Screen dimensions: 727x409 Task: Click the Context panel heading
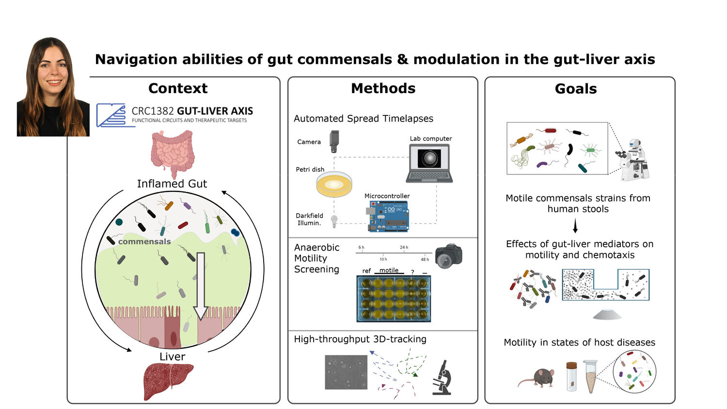click(x=178, y=88)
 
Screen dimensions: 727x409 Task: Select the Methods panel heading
click(x=383, y=88)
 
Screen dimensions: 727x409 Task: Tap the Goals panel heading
click(x=576, y=89)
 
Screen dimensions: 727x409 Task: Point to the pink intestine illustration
click(x=173, y=153)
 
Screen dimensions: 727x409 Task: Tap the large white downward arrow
click(x=201, y=285)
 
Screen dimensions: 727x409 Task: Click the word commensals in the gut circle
click(x=144, y=241)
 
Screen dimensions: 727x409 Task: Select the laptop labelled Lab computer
click(x=429, y=163)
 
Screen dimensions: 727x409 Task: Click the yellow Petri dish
click(x=334, y=184)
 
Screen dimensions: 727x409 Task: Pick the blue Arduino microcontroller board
click(x=388, y=216)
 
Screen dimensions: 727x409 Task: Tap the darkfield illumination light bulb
click(x=334, y=221)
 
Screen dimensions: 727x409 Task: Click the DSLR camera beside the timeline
click(x=448, y=256)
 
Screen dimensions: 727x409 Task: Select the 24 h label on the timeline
click(x=404, y=247)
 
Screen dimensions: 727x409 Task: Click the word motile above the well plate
click(x=389, y=270)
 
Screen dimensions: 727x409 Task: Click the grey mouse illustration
click(x=537, y=378)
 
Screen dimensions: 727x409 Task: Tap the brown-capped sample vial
click(x=571, y=376)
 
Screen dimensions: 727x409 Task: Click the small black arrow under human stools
click(x=575, y=226)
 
